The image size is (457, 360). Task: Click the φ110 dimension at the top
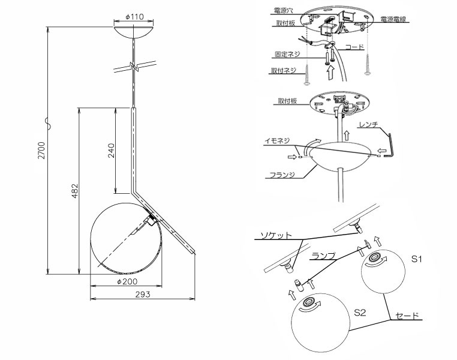click(x=135, y=17)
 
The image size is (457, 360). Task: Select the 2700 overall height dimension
click(x=42, y=150)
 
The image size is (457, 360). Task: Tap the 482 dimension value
click(x=75, y=191)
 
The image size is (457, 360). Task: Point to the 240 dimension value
click(x=112, y=151)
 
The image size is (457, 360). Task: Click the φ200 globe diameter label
click(x=127, y=281)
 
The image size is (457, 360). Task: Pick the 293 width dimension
click(x=143, y=295)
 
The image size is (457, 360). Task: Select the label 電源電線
click(x=393, y=19)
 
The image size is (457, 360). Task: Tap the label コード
click(x=354, y=47)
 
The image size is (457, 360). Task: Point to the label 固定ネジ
click(x=287, y=55)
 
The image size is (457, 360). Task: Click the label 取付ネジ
click(x=284, y=70)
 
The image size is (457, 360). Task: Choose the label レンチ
click(x=368, y=124)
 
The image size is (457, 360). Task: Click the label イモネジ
click(x=277, y=141)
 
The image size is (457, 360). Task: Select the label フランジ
click(x=282, y=175)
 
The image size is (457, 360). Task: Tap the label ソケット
click(x=276, y=235)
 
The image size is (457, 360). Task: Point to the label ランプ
click(x=323, y=256)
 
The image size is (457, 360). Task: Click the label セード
click(x=407, y=316)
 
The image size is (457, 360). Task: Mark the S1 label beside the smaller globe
click(x=416, y=259)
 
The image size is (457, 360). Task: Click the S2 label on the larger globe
click(x=360, y=313)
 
